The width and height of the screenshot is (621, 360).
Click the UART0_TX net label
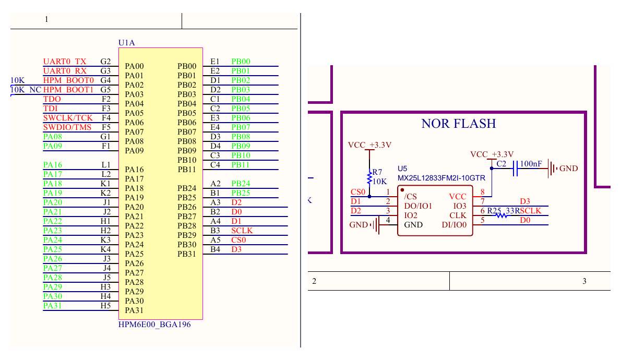point(65,62)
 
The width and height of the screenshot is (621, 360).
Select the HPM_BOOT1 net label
point(68,90)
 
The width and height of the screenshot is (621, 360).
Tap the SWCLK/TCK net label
point(68,117)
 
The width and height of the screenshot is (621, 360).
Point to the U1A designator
point(127,42)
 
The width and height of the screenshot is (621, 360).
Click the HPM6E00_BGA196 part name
point(154,325)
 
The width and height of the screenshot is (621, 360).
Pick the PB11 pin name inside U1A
point(187,170)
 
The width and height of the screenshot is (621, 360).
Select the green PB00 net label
point(241,62)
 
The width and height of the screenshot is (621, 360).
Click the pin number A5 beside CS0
point(216,240)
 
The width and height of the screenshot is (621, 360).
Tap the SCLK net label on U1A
point(242,231)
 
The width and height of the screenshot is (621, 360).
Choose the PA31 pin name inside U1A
point(134,310)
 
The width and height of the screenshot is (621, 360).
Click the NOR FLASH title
point(459,124)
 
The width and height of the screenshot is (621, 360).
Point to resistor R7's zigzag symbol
point(369,177)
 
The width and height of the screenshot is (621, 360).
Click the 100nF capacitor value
point(531,163)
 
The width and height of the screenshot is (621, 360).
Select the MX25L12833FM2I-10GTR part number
point(441,178)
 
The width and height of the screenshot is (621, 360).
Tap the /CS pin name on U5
point(410,197)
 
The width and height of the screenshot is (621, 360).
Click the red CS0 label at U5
point(358,192)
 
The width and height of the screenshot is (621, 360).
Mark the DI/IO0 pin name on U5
point(454,225)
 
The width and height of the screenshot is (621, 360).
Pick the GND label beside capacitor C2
point(569,169)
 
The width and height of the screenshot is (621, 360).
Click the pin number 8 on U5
point(482,192)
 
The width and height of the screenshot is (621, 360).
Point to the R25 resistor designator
point(494,211)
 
